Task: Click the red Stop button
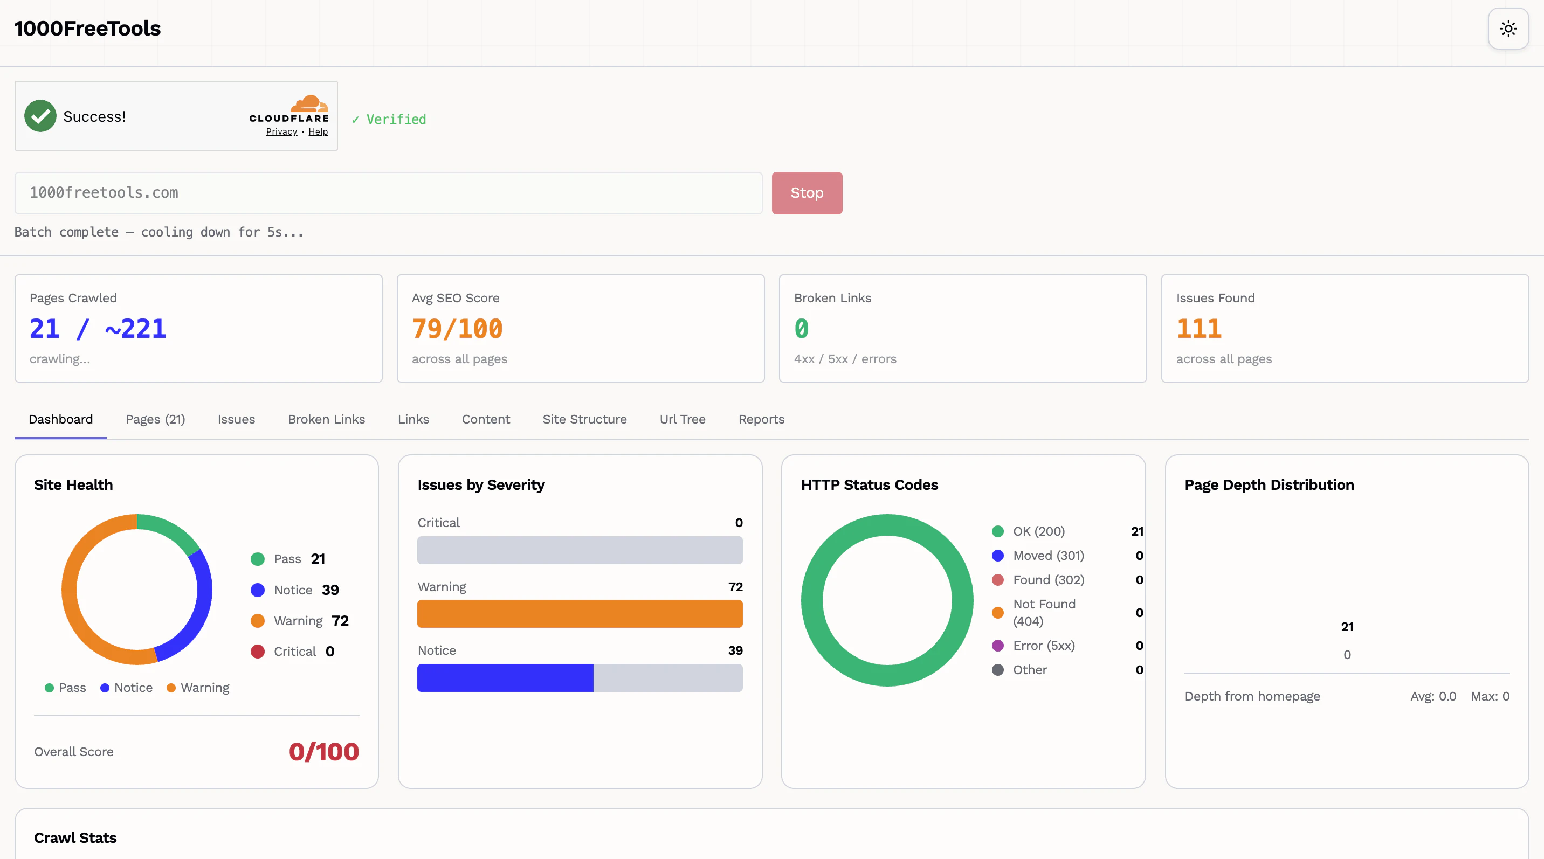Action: (807, 193)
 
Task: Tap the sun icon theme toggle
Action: (1508, 29)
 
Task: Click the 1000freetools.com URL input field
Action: (388, 193)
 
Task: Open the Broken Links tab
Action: (326, 419)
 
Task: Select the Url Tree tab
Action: (682, 419)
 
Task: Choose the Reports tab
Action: (761, 419)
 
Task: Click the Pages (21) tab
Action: (155, 419)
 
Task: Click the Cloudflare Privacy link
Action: (281, 132)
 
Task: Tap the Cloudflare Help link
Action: (318, 132)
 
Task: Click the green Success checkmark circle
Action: (40, 116)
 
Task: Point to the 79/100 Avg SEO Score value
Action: (457, 329)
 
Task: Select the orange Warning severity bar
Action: (580, 614)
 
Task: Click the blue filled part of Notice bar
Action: (505, 678)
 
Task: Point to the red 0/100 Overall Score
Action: (323, 752)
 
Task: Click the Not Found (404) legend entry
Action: (1044, 612)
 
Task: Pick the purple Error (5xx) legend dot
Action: (997, 646)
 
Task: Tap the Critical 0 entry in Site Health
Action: (294, 652)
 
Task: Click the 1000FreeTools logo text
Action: (87, 29)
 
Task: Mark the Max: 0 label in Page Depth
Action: (1490, 696)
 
